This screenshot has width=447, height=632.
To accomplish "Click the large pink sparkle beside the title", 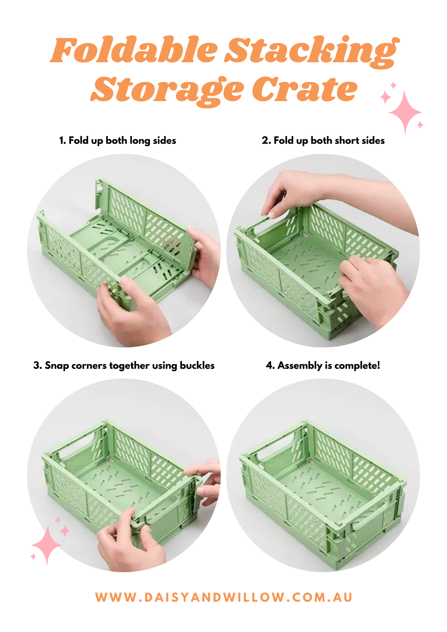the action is pos(405,112).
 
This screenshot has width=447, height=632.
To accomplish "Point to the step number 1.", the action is pos(62,140).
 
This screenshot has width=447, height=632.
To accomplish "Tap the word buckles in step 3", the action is pos(197,365).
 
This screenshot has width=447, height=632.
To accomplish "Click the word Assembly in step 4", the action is pos(300,366).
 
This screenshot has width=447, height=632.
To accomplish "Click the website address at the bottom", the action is pos(224,597).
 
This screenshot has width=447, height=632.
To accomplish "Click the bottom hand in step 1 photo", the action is pos(133,311).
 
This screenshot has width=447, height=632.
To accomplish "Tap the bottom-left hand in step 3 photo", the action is pos(130,540).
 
